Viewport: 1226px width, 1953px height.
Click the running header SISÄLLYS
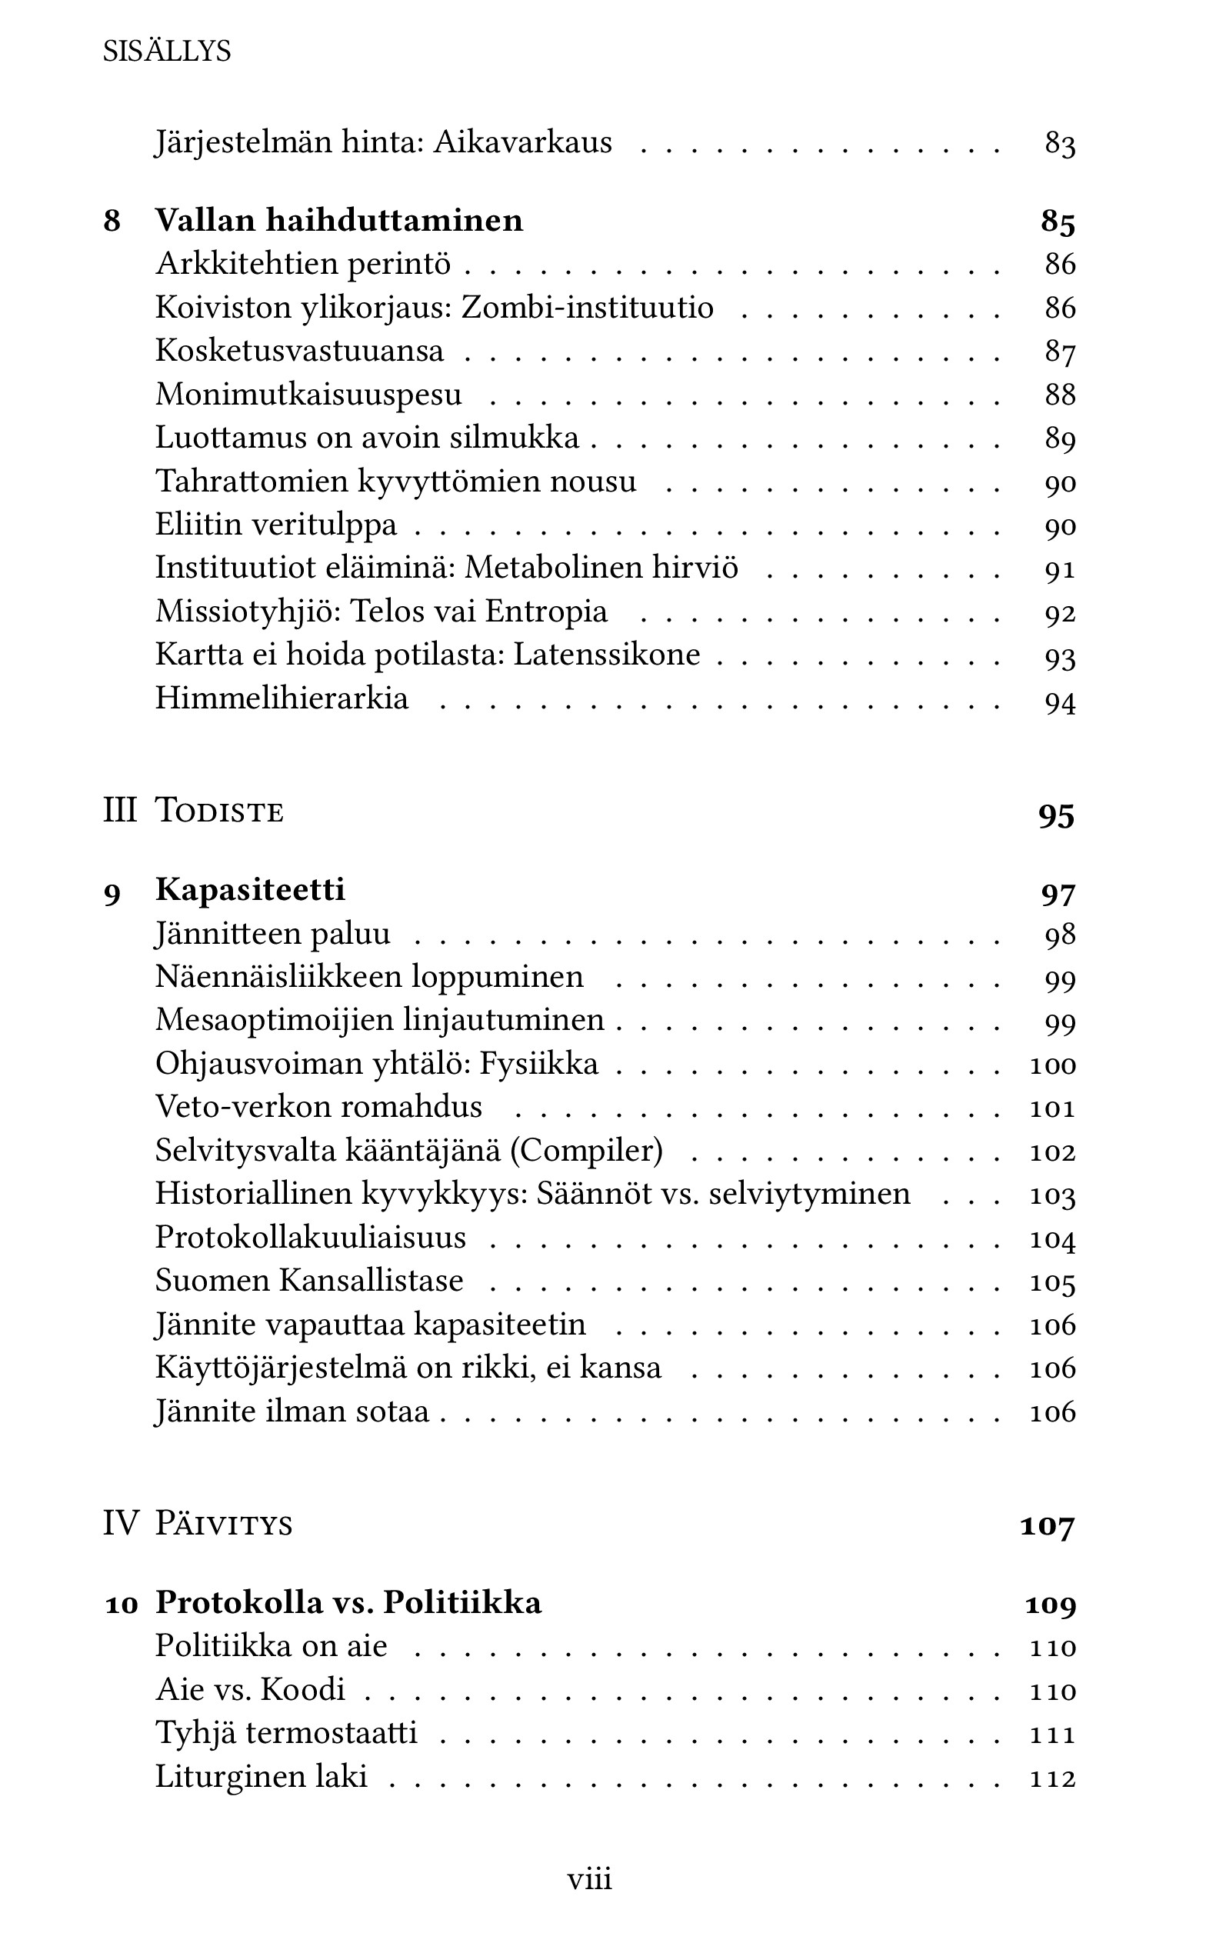pyautogui.click(x=167, y=52)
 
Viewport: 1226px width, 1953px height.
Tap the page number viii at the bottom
pyautogui.click(x=589, y=1878)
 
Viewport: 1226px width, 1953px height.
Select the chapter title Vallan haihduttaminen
pyautogui.click(x=339, y=221)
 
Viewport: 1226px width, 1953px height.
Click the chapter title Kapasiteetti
pyautogui.click(x=250, y=890)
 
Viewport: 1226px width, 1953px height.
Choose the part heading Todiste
pyautogui.click(x=219, y=811)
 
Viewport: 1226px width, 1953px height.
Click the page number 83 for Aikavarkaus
pyautogui.click(x=1060, y=144)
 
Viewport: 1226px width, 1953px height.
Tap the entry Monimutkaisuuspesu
pyautogui.click(x=308, y=395)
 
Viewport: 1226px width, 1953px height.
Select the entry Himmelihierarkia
pyautogui.click(x=282, y=699)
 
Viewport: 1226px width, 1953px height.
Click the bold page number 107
pyautogui.click(x=1047, y=1526)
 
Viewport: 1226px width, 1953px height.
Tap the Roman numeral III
pyautogui.click(x=119, y=811)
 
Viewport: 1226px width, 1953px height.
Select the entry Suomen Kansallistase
pyautogui.click(x=309, y=1281)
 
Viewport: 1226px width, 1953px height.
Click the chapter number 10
pyautogui.click(x=122, y=1604)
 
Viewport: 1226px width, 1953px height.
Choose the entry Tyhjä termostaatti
pyautogui.click(x=286, y=1732)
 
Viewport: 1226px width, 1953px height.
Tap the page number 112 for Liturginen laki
pyautogui.click(x=1052, y=1778)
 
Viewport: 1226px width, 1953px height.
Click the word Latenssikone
pyautogui.click(x=607, y=655)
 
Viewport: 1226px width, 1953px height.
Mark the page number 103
pyautogui.click(x=1052, y=1196)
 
